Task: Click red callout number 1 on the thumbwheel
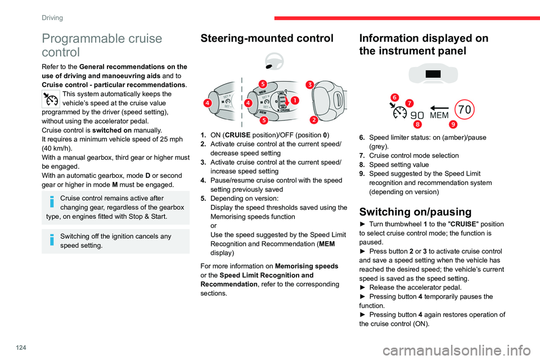tap(295, 100)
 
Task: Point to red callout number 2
tap(313, 119)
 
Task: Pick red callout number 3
tap(310, 84)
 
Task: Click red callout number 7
tap(409, 103)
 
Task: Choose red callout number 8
tap(418, 123)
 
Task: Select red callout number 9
tap(453, 123)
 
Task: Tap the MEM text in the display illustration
tap(439, 115)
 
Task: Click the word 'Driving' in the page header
tap(52, 17)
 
